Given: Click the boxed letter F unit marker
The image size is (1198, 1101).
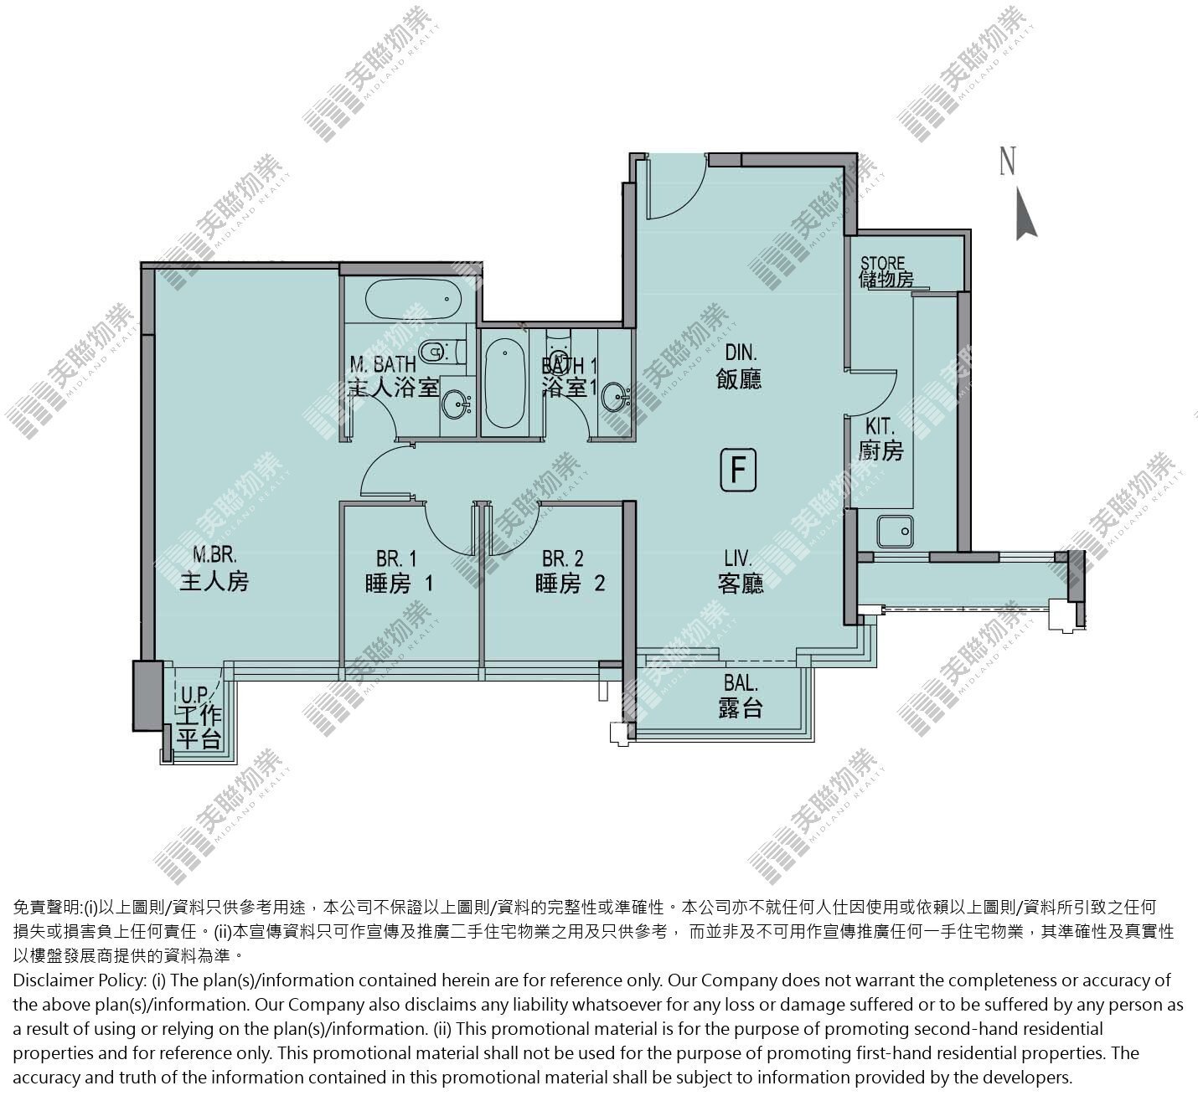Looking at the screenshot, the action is (x=738, y=470).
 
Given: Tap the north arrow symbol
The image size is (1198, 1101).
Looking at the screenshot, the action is (x=1025, y=214).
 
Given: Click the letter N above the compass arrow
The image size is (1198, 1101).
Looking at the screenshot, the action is (x=1008, y=161).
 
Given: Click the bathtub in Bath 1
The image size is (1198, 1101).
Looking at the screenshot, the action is (x=504, y=383).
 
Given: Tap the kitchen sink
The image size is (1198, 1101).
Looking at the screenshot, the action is (x=895, y=532).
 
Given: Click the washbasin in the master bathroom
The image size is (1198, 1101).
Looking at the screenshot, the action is (x=457, y=404).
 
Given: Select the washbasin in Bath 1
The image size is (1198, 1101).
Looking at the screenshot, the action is (x=616, y=397).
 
